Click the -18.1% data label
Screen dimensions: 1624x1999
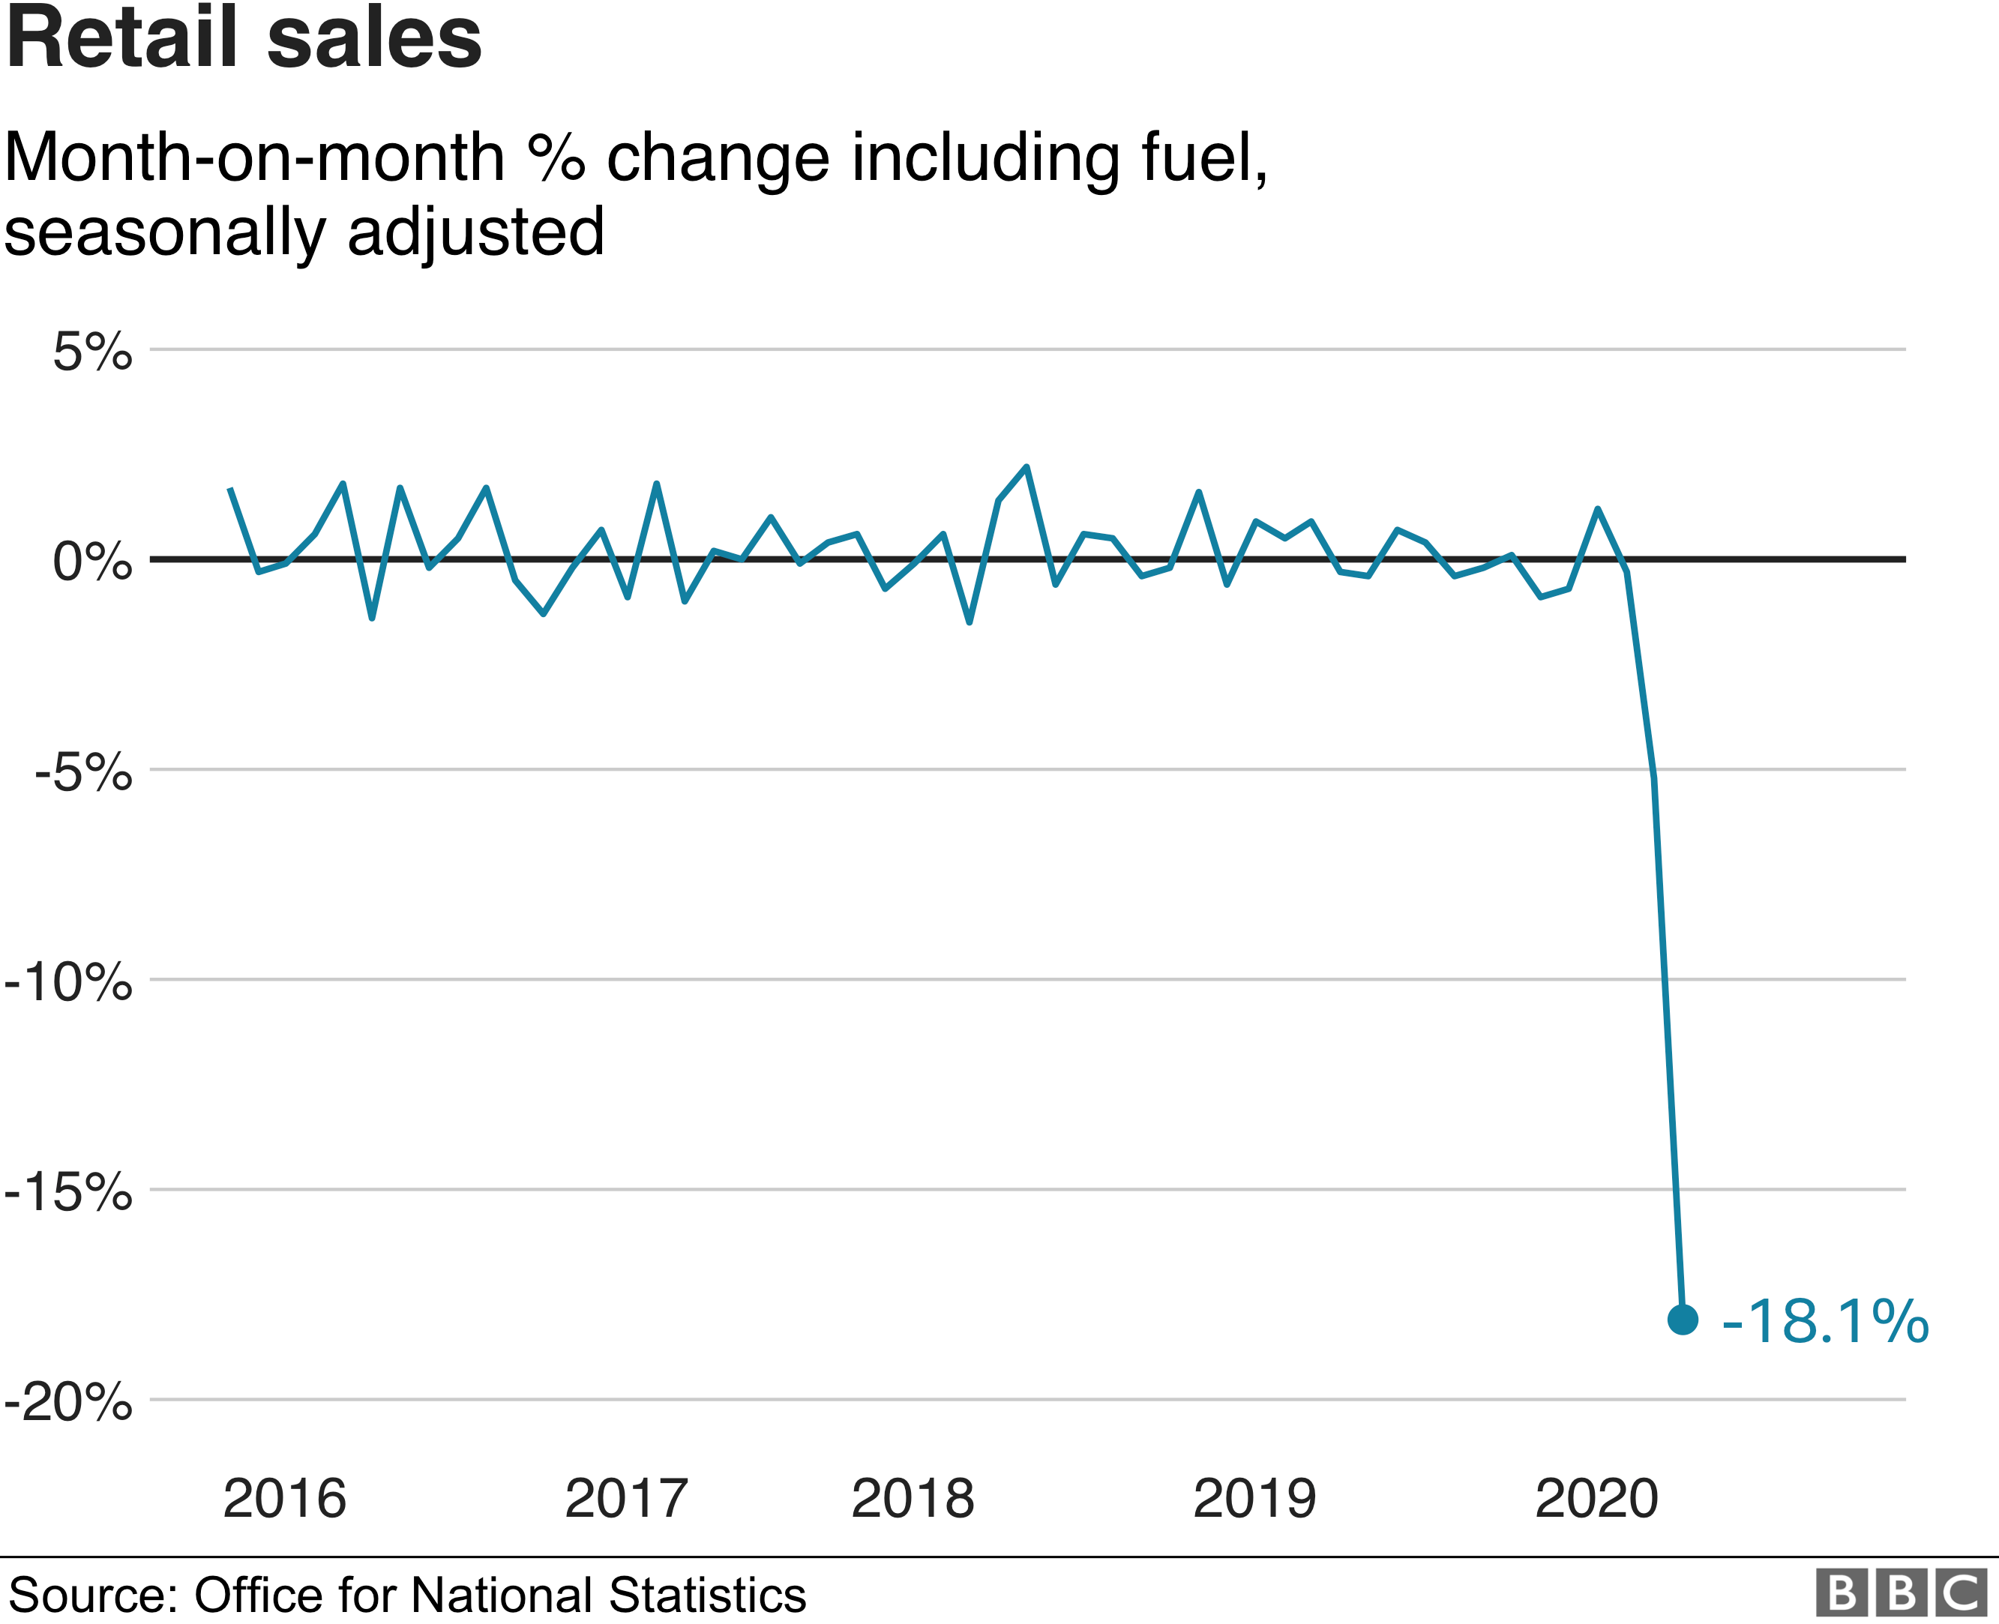coord(1825,1322)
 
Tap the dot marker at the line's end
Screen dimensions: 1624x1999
coord(1683,1320)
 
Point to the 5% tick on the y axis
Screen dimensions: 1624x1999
coord(91,352)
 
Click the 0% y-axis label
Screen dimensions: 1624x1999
coord(91,562)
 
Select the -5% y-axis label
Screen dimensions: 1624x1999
coord(82,773)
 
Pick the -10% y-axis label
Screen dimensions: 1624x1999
coord(68,982)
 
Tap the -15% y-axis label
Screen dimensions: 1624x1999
coord(68,1192)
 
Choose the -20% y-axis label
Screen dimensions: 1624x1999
coord(68,1402)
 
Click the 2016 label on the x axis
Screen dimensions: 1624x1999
coord(284,1499)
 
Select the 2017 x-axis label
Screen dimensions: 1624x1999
coord(626,1499)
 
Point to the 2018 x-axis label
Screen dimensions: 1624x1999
coord(912,1499)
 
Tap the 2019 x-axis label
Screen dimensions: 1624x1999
coord(1254,1499)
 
